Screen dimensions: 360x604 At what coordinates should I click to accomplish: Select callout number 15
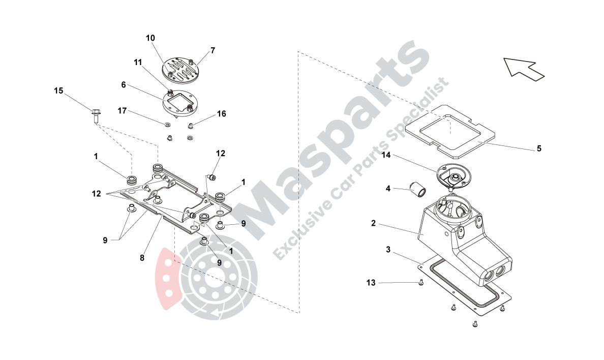pos(58,91)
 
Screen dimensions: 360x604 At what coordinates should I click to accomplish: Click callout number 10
pos(150,38)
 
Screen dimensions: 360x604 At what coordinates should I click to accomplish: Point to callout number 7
pos(213,50)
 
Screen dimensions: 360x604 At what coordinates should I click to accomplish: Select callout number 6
pos(124,85)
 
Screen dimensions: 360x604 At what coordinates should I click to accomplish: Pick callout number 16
pos(222,114)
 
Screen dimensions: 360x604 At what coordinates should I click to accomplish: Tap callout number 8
pos(142,258)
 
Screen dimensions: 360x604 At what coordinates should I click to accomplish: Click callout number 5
pos(539,149)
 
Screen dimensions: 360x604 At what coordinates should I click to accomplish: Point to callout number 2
pos(373,223)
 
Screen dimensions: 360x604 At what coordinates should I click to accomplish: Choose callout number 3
pos(388,250)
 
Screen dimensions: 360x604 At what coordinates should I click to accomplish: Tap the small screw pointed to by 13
pos(421,283)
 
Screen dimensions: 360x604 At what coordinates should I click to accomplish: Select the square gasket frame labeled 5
pos(450,131)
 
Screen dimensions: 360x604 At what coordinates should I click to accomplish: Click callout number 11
pos(138,63)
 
